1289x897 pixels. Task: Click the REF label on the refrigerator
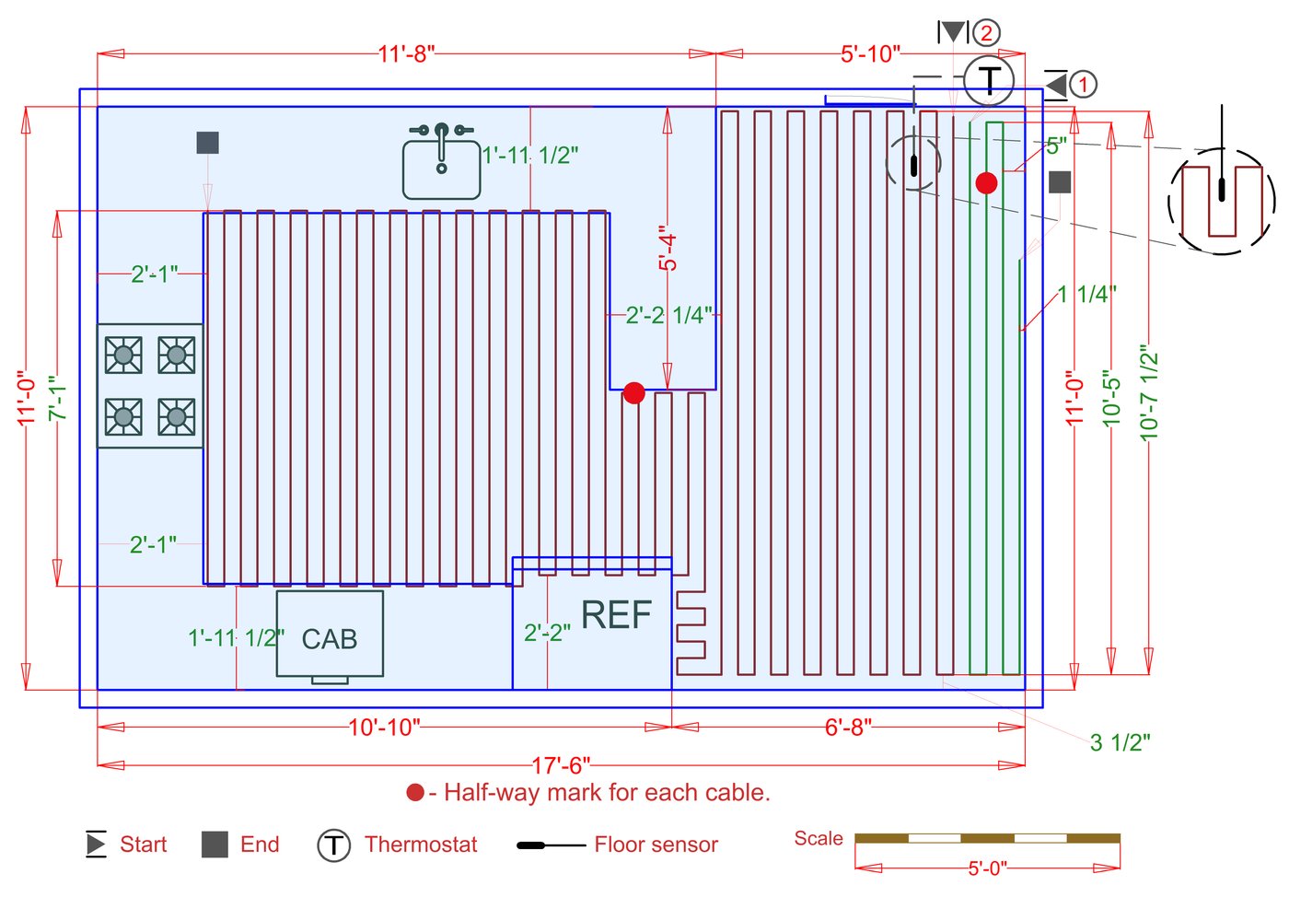[616, 615]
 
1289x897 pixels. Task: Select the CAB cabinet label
[329, 639]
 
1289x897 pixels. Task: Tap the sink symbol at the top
[442, 163]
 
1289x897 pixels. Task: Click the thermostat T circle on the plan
[989, 80]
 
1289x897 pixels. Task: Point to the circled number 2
[986, 33]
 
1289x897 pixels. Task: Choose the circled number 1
[1083, 85]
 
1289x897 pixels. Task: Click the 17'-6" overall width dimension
[561, 765]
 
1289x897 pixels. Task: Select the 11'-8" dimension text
[406, 53]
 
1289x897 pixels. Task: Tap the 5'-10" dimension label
[870, 53]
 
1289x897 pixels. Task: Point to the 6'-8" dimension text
[848, 728]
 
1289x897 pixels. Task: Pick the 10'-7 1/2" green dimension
[1148, 393]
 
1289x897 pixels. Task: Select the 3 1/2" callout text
[1120, 742]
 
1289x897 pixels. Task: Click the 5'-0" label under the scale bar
[987, 868]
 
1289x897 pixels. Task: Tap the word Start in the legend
[143, 845]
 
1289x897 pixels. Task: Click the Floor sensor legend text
[656, 845]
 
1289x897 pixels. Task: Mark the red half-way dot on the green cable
[986, 183]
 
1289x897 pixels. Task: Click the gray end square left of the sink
[207, 143]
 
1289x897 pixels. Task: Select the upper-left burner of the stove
[123, 355]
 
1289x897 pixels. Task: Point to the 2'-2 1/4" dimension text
[668, 316]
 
